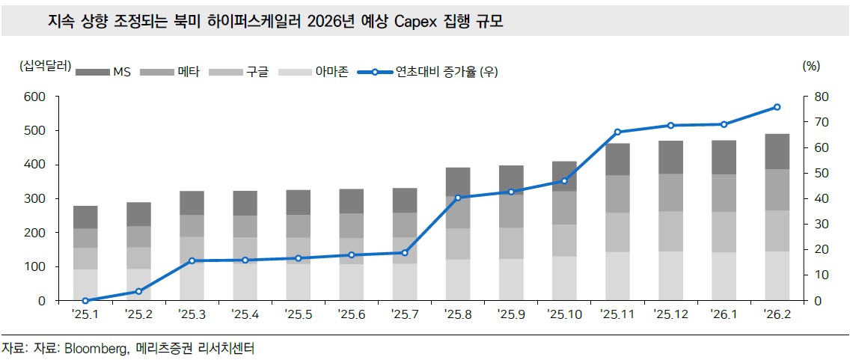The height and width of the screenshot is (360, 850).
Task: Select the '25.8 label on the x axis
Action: point(458,315)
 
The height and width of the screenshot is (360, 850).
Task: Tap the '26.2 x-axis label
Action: point(777,315)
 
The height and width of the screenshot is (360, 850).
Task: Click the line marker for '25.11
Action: point(618,132)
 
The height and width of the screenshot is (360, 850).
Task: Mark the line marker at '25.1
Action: point(85,300)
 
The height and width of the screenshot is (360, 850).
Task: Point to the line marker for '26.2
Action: point(777,107)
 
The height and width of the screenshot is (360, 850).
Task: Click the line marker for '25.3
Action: point(192,260)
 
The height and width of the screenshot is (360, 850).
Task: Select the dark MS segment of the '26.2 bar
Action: point(777,151)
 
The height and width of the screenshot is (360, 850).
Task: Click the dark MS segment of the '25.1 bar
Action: point(85,217)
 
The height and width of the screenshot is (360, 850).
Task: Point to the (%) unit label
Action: point(811,65)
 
